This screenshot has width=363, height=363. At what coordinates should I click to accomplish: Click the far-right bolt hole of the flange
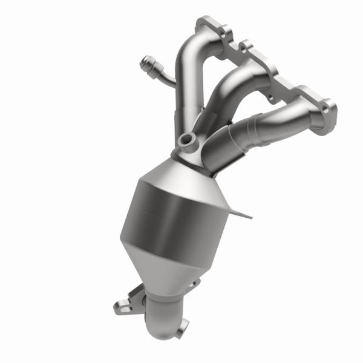click(327, 108)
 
